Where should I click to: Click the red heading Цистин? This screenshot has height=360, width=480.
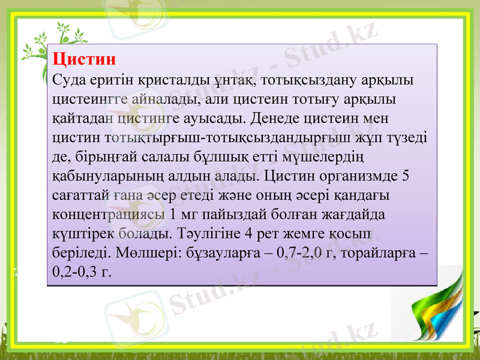coord(83,59)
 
